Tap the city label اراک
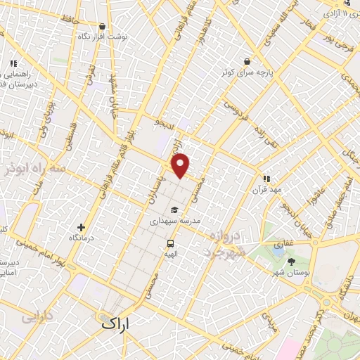click(116, 325)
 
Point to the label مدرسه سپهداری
click(176, 221)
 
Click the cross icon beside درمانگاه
click(82, 227)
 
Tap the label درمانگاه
click(82, 239)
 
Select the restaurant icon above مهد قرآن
click(266, 179)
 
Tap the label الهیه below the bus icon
click(170, 255)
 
